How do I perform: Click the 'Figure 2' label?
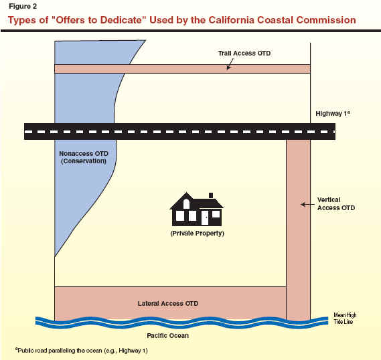[23, 6]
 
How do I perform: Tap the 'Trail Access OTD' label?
[244, 53]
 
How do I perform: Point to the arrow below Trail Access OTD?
[230, 64]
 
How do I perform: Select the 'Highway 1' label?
[333, 113]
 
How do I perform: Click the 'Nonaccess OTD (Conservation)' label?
[84, 157]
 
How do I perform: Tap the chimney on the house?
[211, 195]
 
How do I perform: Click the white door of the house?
[205, 217]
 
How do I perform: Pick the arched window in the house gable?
[186, 204]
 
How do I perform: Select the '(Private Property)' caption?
[197, 234]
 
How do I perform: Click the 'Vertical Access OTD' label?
[336, 204]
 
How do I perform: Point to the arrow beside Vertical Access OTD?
[307, 205]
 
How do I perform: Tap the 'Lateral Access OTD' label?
[168, 303]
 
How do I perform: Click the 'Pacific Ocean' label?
[167, 335]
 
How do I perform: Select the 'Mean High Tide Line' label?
[345, 319]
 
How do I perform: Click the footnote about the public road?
[82, 351]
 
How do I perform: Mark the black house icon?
[196, 209]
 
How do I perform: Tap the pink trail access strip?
[183, 69]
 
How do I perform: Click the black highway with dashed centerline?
[180, 131]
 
